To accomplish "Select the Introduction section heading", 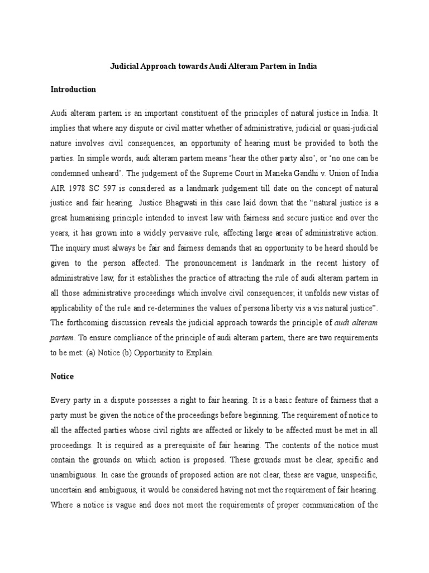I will pyautogui.click(x=73, y=89).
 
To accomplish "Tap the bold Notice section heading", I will pyautogui.click(x=62, y=377).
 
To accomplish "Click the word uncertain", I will pyautogui.click(x=66, y=490).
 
